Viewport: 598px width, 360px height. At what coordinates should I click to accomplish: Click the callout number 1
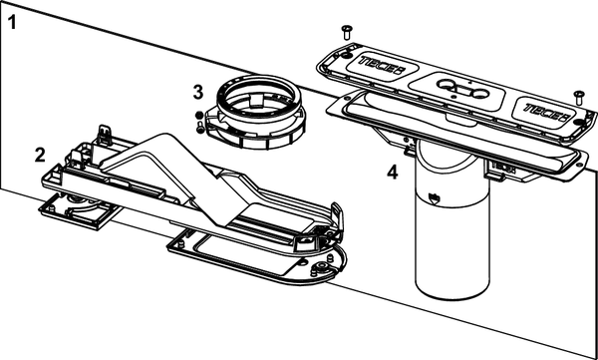[12, 23]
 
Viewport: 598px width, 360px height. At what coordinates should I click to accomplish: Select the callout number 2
[40, 155]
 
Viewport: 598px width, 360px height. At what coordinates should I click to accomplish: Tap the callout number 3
[198, 93]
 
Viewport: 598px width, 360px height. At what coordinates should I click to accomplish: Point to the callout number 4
[392, 173]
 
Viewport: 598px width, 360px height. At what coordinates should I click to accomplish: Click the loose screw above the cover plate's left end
[347, 32]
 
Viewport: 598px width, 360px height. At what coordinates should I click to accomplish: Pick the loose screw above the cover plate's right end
[579, 98]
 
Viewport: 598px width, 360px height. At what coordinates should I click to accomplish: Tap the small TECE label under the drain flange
[503, 167]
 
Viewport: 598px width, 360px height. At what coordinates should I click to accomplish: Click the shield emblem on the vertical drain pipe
[434, 197]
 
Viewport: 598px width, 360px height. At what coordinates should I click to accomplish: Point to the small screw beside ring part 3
[200, 127]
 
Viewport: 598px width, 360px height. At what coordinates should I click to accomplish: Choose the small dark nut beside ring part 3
[198, 116]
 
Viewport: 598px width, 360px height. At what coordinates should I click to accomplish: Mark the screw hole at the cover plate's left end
[346, 56]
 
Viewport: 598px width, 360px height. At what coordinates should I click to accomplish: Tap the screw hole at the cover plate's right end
[579, 123]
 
